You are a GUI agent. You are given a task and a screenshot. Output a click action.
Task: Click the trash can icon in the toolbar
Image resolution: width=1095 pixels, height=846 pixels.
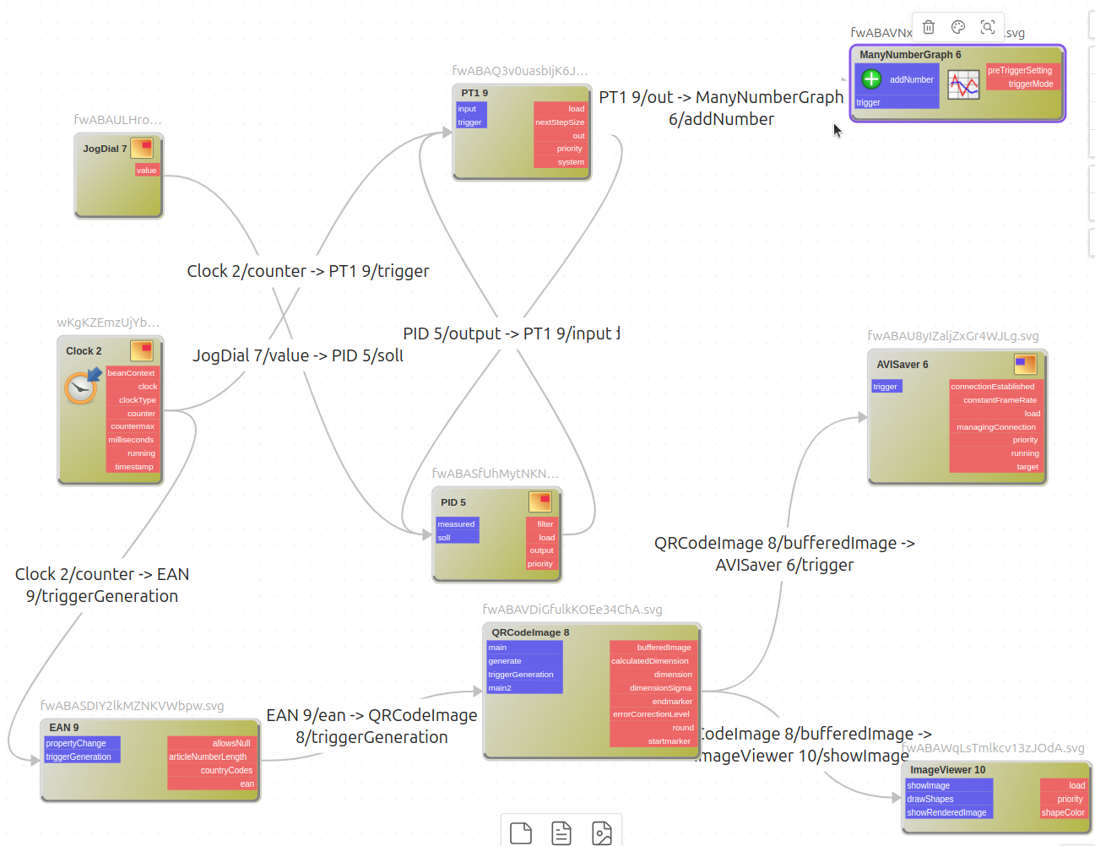click(929, 27)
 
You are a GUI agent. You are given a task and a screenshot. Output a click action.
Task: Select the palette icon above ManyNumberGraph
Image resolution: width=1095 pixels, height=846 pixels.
click(958, 27)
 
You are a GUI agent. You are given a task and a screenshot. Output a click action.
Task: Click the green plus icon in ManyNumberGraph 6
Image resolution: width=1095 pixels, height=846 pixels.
click(871, 79)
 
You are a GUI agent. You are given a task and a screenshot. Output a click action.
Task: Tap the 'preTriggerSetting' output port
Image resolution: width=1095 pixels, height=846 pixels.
click(1020, 71)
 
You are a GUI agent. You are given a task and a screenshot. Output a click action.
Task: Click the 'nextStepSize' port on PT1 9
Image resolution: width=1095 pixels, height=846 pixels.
click(560, 122)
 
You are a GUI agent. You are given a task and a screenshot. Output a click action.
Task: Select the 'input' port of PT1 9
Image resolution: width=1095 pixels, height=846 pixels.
click(468, 109)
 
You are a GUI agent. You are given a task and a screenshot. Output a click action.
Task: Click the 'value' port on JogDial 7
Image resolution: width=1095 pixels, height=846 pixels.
click(147, 171)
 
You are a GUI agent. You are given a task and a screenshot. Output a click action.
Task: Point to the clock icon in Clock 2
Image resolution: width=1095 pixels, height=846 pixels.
click(81, 387)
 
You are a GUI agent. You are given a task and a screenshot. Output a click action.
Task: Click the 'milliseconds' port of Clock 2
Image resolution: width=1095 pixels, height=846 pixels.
click(132, 440)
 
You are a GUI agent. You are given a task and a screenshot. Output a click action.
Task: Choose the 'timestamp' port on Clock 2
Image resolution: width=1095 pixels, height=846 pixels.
click(134, 467)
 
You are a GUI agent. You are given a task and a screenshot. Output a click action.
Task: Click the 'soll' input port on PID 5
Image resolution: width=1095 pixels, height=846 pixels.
click(445, 538)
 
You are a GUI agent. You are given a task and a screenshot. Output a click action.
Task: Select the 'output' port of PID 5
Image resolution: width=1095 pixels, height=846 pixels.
click(542, 550)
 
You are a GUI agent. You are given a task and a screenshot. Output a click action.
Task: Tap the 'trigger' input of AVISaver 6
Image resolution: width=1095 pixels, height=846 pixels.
click(886, 387)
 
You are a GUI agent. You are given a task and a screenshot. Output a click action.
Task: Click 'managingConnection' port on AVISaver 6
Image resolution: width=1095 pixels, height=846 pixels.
click(996, 427)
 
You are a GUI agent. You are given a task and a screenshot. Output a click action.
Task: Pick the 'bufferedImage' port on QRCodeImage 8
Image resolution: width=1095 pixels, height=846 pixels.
click(664, 648)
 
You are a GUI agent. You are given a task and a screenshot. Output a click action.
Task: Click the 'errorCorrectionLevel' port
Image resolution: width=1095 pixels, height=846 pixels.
click(651, 714)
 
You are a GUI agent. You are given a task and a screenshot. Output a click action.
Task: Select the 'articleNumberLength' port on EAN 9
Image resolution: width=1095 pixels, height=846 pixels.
click(209, 757)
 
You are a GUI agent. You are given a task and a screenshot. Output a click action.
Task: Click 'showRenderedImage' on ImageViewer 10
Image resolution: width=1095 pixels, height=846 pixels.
click(946, 813)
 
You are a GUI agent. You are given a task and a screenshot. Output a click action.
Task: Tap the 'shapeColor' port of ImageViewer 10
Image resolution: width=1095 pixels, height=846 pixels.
click(1063, 813)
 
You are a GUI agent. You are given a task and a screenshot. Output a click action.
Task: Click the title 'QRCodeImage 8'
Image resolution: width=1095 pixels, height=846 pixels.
click(530, 632)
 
